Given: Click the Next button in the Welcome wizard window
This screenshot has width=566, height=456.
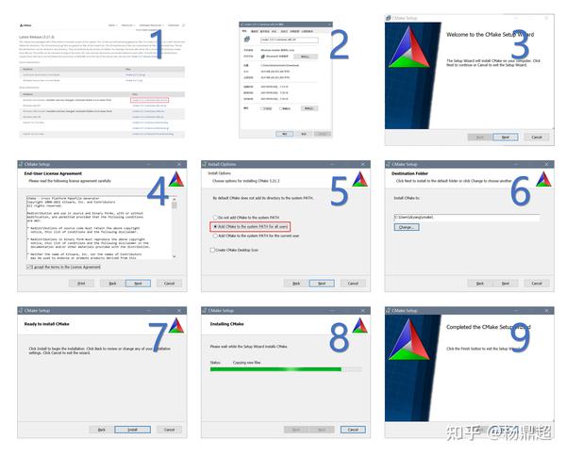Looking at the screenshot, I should (x=505, y=136).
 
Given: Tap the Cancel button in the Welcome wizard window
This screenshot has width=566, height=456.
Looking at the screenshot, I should (x=536, y=136).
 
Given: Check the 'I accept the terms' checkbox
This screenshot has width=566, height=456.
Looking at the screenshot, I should (x=29, y=268).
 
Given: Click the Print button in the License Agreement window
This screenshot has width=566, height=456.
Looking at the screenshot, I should (x=81, y=283).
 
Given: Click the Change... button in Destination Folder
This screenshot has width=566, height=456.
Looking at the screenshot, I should (x=407, y=227).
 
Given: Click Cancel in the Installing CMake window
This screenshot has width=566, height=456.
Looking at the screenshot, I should (x=353, y=429).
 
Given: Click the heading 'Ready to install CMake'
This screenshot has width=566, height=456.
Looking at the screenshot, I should (x=52, y=324).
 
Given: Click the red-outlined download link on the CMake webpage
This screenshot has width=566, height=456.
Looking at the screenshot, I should (x=150, y=99).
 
